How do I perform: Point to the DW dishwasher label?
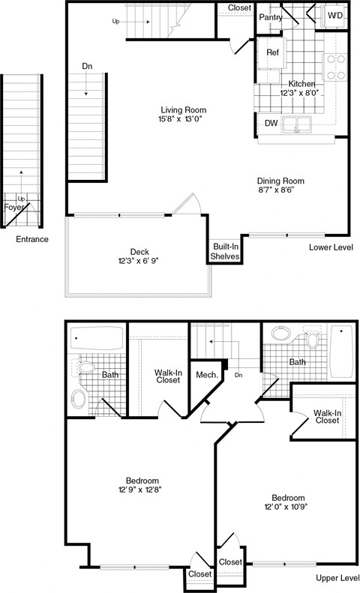(271, 124)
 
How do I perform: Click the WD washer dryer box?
(334, 15)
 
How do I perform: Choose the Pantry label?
(270, 16)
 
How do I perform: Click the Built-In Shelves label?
(225, 251)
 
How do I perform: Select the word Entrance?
(32, 239)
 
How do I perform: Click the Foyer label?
(14, 207)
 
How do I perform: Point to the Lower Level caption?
(330, 247)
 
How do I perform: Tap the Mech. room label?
(206, 374)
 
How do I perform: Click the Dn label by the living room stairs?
(88, 67)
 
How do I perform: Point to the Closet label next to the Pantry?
(239, 7)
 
